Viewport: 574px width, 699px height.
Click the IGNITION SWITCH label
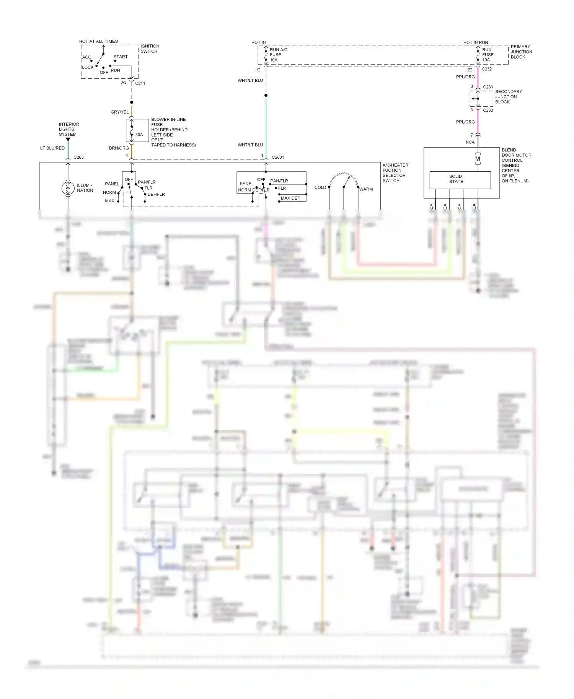[x=150, y=49]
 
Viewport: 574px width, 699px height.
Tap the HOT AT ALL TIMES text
[x=98, y=41]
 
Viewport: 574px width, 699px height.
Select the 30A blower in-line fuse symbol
[x=132, y=131]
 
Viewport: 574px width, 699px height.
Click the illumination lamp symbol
[x=68, y=188]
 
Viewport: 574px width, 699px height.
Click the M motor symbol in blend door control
[x=478, y=159]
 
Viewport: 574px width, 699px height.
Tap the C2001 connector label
[x=278, y=157]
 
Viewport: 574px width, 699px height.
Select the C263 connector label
[x=78, y=157]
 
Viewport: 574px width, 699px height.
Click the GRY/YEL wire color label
[x=119, y=112]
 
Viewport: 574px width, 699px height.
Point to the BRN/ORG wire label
[x=119, y=148]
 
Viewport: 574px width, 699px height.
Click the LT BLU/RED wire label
[x=52, y=148]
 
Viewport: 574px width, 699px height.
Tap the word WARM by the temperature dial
[x=366, y=189]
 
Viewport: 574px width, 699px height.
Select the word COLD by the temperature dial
[x=320, y=187]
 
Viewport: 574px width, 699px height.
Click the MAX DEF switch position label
[x=290, y=198]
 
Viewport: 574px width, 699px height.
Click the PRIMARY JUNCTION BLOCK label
[x=521, y=52]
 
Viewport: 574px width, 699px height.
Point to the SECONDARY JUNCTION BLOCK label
[x=508, y=97]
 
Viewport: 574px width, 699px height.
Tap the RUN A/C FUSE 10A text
[x=278, y=55]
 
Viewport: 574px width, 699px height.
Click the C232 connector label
[x=487, y=69]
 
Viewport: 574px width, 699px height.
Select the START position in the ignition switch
[x=121, y=57]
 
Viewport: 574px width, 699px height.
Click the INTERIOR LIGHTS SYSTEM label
[x=69, y=129]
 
